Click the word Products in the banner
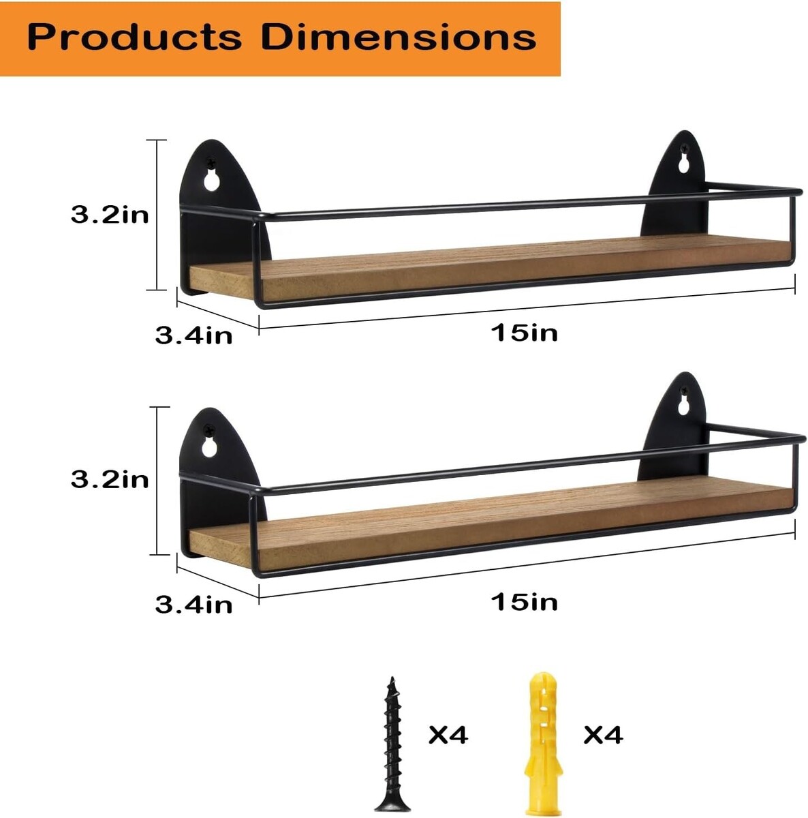pos(134,37)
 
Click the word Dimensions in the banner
pos(399,37)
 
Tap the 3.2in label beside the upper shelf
pos(110,215)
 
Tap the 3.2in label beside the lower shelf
pos(110,480)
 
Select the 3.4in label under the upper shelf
pos(194,335)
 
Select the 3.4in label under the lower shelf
pos(194,605)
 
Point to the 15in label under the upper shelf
pos(524,333)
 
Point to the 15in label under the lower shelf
pos(524,602)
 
